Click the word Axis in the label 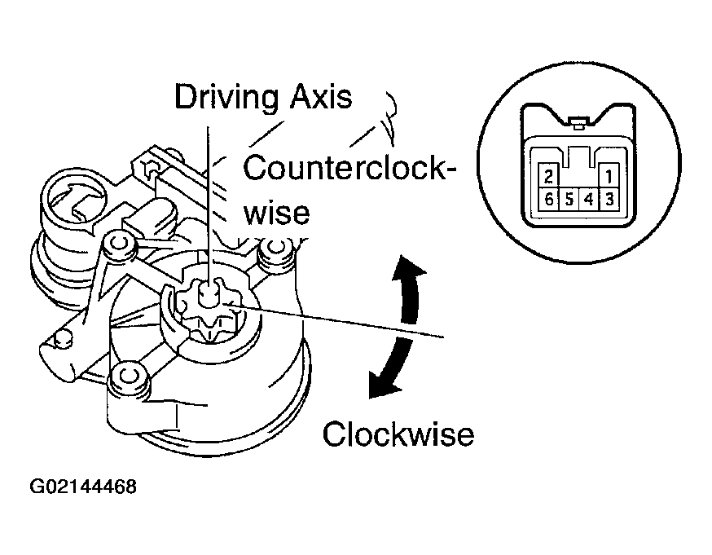(321, 97)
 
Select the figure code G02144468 (83, 487)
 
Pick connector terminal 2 (549, 176)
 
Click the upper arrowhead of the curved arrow (411, 270)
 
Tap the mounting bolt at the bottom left (126, 378)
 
